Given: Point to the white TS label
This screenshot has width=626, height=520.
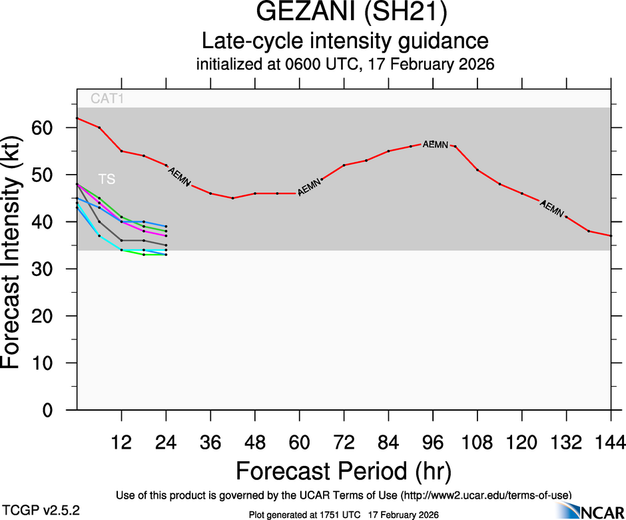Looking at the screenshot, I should point(107,179).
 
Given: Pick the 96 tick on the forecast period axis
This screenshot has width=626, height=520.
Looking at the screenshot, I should point(434,441).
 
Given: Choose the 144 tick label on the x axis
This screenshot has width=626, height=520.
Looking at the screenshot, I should point(611,441).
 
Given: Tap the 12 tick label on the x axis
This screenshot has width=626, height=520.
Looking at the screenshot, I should point(122,441).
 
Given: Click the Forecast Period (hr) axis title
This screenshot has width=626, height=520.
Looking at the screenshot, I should point(344,471).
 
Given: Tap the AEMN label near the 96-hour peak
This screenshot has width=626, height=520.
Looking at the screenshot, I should point(435,144).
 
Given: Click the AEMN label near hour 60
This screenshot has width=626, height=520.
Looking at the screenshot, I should point(310,187).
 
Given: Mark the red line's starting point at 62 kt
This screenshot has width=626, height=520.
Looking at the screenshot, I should point(77,118).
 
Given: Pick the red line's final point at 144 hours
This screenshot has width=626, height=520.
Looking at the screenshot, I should point(611,236).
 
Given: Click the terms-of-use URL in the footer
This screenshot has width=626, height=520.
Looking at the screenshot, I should point(486,495).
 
